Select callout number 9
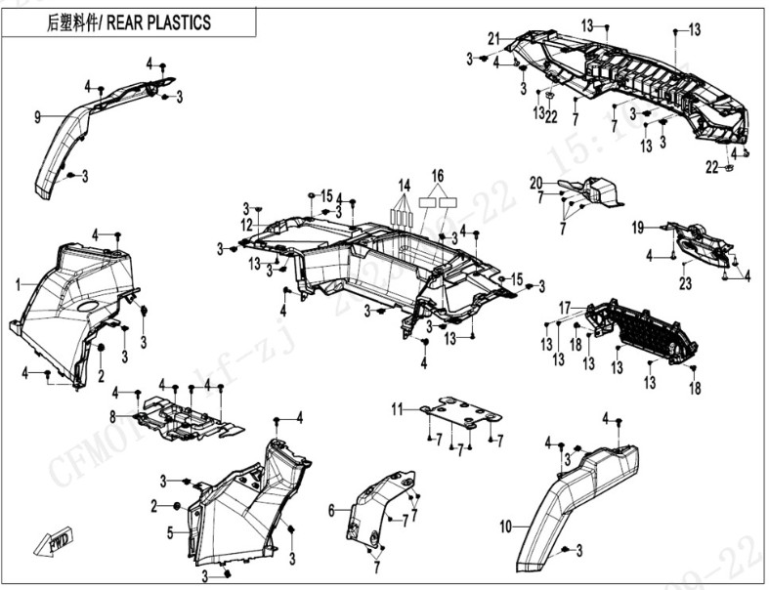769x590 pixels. [x=37, y=117]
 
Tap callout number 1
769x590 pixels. [x=18, y=284]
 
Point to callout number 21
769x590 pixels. [x=494, y=39]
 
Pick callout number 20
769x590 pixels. [x=535, y=183]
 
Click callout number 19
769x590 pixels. [x=637, y=229]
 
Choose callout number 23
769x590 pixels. [x=685, y=283]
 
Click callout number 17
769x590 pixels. [x=565, y=307]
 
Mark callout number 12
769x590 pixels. [x=247, y=224]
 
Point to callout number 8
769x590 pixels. [x=112, y=416]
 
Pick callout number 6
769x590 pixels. [x=332, y=509]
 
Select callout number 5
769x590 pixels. [x=170, y=533]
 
